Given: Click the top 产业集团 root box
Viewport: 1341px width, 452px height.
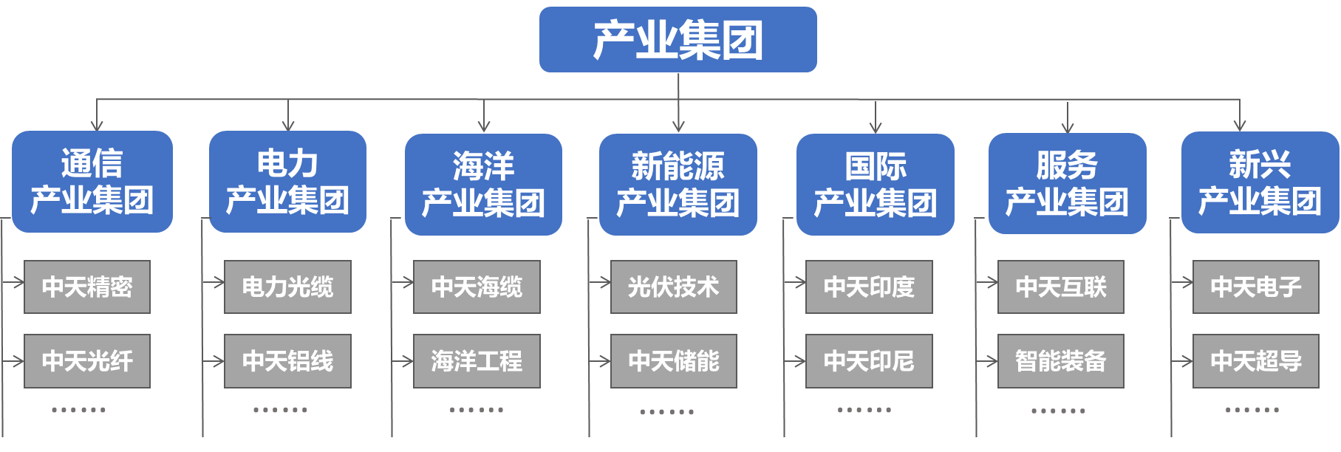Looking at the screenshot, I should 678,40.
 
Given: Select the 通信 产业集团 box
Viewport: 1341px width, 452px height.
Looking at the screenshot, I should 92,182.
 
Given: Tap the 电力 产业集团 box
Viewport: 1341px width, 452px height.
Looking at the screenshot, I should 287,182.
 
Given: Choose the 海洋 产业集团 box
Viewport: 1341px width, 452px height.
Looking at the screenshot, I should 483,185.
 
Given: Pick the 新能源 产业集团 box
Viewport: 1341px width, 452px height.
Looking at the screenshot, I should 678,185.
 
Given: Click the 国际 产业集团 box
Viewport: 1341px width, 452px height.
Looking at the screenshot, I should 875,185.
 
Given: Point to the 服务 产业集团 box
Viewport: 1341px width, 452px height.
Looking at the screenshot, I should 1067,183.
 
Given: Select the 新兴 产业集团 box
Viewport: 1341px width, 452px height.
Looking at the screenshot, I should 1260,182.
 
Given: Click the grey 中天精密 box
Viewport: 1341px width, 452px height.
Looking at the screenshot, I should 87,287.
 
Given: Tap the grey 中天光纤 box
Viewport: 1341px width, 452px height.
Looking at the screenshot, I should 87,361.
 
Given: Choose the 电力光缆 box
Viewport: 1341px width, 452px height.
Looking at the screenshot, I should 287,287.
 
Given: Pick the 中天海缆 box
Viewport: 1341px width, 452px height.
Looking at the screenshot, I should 477,287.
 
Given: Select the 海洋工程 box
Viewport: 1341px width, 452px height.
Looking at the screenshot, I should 477,361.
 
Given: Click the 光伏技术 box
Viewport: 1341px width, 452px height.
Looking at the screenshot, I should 673,287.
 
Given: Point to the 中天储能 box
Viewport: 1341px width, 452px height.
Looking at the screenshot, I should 673,361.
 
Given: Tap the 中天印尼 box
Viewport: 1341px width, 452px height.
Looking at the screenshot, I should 869,361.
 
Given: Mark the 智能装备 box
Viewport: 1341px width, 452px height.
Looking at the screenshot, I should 1060,361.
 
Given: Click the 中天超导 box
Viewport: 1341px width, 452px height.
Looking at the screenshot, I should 1255,361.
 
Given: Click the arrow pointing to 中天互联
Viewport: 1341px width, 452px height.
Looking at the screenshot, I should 989,282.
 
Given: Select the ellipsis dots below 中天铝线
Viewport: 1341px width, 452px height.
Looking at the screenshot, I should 280,410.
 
